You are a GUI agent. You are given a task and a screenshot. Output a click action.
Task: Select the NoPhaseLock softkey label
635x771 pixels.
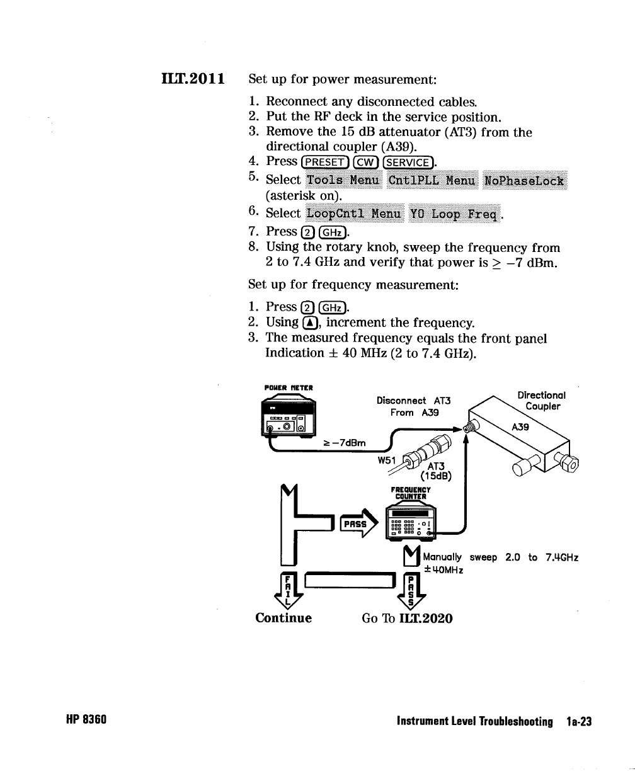(x=525, y=181)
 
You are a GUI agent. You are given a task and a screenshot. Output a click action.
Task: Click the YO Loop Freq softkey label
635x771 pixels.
(x=454, y=214)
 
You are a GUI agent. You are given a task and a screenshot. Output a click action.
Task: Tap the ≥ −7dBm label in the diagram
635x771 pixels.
(x=345, y=443)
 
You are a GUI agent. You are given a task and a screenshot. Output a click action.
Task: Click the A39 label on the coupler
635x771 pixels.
(x=520, y=427)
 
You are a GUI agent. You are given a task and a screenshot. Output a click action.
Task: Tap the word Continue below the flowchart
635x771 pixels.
(x=283, y=618)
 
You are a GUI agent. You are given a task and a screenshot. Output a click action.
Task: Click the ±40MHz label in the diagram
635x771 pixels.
(x=443, y=570)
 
